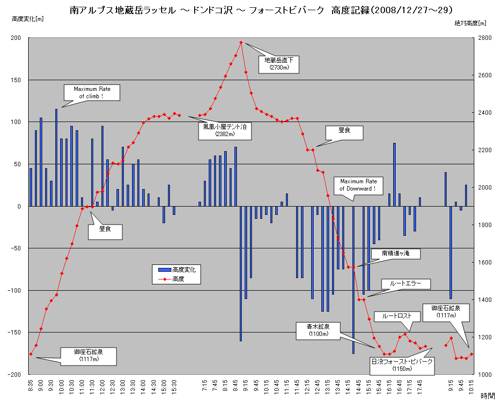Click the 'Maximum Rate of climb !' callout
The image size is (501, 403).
tap(92, 92)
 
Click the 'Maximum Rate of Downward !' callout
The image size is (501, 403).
tap(358, 185)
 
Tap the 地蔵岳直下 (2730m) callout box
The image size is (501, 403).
tap(279, 64)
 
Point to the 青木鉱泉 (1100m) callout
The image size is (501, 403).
tap(318, 330)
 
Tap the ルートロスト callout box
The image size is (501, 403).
tap(397, 315)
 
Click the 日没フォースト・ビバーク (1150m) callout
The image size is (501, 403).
tap(401, 365)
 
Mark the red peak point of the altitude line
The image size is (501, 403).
tap(241, 42)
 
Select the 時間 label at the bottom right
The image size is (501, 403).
tap(487, 396)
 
